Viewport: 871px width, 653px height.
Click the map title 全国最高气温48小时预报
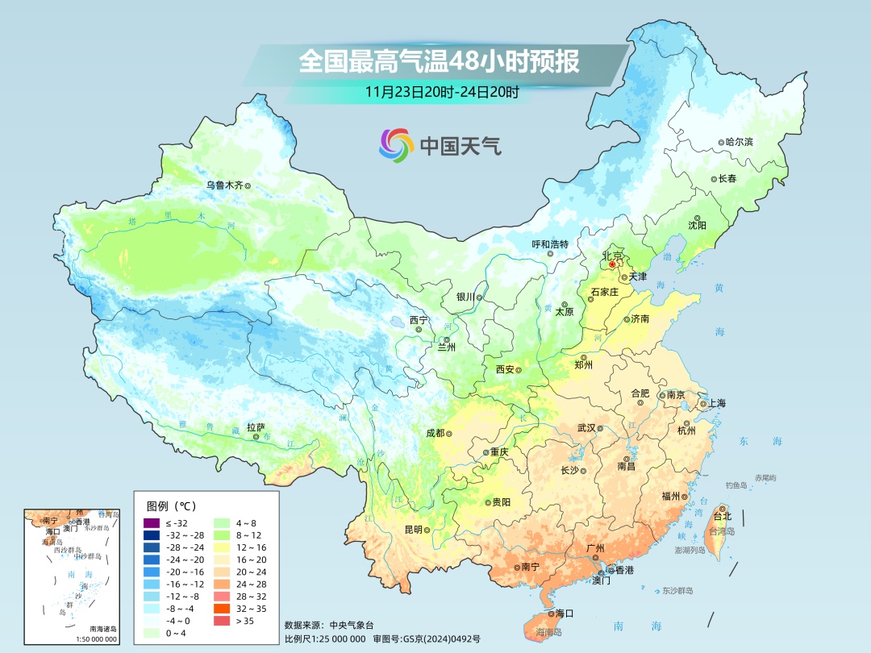click(439, 61)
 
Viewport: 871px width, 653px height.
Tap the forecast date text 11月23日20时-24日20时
click(441, 92)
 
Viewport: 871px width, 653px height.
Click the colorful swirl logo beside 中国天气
click(396, 145)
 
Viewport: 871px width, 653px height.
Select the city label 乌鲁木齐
click(223, 185)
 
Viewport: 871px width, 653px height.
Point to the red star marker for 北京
click(612, 264)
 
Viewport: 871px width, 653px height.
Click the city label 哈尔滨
click(738, 142)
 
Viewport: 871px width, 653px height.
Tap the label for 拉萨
click(256, 427)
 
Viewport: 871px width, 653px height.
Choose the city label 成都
click(435, 433)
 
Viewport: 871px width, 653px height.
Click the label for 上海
click(716, 404)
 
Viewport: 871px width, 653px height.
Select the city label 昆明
click(413, 530)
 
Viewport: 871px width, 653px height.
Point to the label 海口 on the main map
click(565, 613)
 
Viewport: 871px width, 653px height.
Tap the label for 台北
click(722, 516)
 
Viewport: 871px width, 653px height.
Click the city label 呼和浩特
click(550, 244)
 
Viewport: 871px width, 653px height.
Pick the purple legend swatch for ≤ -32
click(152, 523)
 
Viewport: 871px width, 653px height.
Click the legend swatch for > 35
click(221, 620)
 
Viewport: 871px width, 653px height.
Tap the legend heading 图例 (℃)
click(171, 506)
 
